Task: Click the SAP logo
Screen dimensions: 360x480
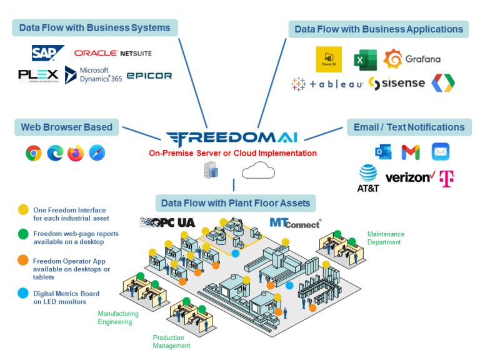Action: (x=47, y=53)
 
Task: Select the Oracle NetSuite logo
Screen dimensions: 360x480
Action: (x=112, y=53)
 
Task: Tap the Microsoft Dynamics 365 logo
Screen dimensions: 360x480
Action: (x=94, y=75)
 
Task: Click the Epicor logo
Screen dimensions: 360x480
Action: (x=149, y=76)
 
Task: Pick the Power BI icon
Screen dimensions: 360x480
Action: (x=329, y=59)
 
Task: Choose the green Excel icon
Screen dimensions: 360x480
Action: (x=364, y=59)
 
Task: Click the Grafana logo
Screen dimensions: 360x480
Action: (x=412, y=59)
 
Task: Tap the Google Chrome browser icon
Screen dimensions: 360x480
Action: (x=34, y=153)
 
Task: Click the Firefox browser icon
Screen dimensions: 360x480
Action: (x=76, y=153)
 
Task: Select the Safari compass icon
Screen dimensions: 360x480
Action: (x=97, y=153)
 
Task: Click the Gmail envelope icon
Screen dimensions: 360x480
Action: (x=411, y=152)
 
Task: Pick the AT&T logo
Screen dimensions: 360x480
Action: (x=369, y=178)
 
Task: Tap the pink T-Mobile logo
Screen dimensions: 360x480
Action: (x=446, y=178)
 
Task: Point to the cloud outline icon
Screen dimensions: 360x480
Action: (x=258, y=170)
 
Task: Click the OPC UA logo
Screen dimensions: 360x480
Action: (x=167, y=222)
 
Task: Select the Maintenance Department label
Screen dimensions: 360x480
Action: (x=386, y=238)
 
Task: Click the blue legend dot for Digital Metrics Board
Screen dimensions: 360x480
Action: (x=23, y=293)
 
